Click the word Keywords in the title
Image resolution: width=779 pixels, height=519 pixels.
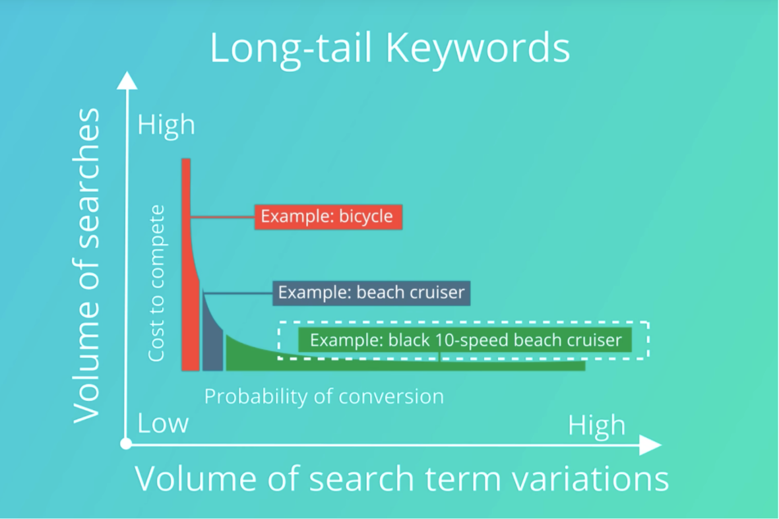pos(478,47)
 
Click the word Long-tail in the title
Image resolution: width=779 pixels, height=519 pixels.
pos(291,47)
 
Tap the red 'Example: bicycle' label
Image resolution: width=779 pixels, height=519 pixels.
pos(328,216)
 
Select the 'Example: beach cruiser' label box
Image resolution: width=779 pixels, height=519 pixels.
pos(371,293)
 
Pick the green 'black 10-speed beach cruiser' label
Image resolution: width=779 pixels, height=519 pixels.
pos(465,340)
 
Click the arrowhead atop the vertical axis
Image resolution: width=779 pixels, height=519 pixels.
pos(127,81)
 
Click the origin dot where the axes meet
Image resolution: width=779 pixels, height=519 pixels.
pos(126,444)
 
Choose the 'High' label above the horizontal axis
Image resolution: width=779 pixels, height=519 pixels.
pos(597,425)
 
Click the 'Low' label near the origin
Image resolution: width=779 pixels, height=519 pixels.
pos(163,423)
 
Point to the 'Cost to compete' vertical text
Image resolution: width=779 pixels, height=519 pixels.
pos(156,283)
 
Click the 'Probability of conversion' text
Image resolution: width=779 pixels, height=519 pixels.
pos(324,397)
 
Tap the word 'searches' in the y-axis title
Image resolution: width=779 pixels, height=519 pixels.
pos(86,178)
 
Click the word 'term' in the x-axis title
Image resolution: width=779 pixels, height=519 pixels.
pos(462,479)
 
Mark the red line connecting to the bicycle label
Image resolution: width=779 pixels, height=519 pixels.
pos(222,217)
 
